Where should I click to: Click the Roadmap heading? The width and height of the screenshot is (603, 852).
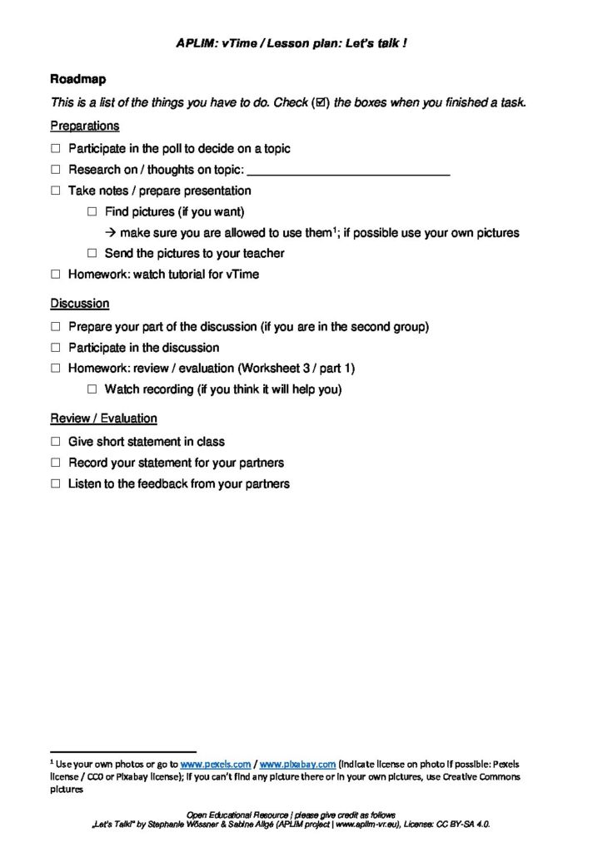[74, 80]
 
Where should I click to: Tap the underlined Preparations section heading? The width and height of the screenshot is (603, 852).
[84, 126]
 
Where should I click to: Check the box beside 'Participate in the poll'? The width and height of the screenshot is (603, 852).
[56, 148]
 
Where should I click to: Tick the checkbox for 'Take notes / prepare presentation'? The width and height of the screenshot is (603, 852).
[56, 191]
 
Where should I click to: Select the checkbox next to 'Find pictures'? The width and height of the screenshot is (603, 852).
[92, 211]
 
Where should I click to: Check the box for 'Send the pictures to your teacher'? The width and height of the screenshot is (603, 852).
[92, 253]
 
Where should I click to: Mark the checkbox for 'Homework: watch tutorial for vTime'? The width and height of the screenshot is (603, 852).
[56, 274]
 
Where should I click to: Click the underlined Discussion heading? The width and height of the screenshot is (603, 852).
[79, 304]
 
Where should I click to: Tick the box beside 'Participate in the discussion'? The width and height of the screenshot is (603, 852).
[56, 347]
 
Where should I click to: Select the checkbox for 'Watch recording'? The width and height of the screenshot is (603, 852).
[92, 389]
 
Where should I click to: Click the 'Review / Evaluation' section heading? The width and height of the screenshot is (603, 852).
[103, 418]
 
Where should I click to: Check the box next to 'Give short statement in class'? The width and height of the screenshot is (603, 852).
[56, 441]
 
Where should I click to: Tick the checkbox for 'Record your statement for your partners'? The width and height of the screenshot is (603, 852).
[56, 462]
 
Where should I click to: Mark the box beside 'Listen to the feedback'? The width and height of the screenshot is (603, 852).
[56, 483]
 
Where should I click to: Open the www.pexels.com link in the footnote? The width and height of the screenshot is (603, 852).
[216, 764]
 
